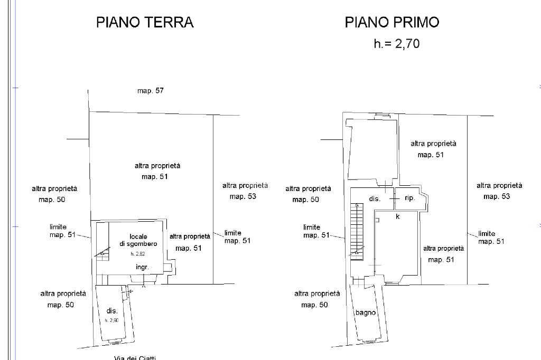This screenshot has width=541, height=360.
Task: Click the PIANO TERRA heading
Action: [x=145, y=22]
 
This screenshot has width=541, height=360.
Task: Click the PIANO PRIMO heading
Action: [x=392, y=22]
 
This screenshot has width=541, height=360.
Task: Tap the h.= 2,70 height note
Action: [x=396, y=44]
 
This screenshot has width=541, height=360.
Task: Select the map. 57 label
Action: [x=151, y=91]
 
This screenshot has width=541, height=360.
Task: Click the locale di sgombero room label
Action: [x=138, y=240]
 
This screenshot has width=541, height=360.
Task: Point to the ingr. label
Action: [x=142, y=267]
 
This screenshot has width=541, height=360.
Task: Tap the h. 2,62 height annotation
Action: [x=137, y=254]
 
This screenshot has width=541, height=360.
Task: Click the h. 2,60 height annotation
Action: [x=111, y=320]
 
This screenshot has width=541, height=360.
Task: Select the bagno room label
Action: [x=366, y=312]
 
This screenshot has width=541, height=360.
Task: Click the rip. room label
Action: [x=409, y=198]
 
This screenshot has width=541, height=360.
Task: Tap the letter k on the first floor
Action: [x=397, y=216]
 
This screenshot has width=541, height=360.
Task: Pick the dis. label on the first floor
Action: [x=375, y=199]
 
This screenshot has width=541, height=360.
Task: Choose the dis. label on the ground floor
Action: [x=111, y=311]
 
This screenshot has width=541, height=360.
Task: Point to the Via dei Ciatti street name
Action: [x=135, y=357]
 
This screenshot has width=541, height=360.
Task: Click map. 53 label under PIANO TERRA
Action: [x=242, y=196]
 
